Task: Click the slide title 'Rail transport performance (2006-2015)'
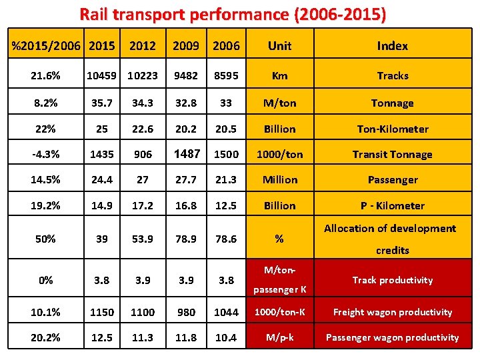[233, 14]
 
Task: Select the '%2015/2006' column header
[45, 45]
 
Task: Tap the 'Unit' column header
[279, 45]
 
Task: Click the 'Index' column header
[392, 45]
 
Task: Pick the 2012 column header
[143, 45]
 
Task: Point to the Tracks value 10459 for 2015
[103, 75]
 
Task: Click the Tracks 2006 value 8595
[226, 75]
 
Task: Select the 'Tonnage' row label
[392, 103]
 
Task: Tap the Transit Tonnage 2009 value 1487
[187, 154]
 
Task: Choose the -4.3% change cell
[45, 154]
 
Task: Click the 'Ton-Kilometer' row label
[392, 129]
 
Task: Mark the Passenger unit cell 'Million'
[279, 179]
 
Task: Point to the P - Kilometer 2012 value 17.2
[143, 205]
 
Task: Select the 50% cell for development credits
[45, 239]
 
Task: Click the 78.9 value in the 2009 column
[187, 239]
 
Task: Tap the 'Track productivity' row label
[392, 280]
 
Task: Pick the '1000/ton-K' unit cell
[279, 312]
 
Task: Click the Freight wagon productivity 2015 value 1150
[103, 312]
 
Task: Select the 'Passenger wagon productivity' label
[392, 337]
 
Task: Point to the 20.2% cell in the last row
[45, 337]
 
